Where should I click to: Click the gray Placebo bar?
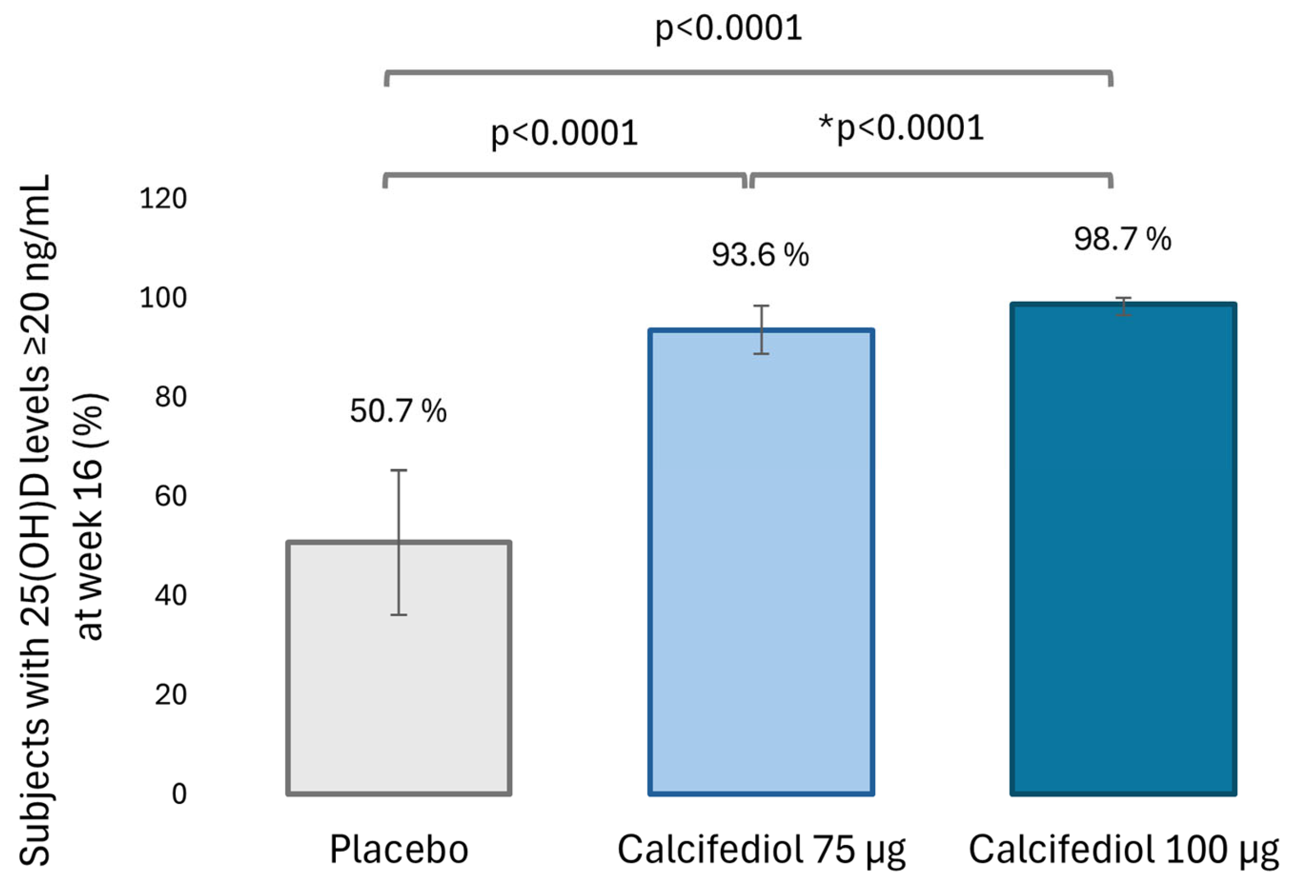(398, 693)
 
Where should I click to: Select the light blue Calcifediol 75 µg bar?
(761, 582)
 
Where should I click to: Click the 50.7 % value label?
(398, 412)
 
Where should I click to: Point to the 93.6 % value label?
(760, 256)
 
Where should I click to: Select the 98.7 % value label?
(1122, 240)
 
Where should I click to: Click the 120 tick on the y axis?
(163, 198)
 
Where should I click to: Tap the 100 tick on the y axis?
(163, 298)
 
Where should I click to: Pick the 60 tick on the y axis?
(170, 496)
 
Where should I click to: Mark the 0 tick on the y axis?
(179, 794)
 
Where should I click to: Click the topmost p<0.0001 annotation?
(728, 28)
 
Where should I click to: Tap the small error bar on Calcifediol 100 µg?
(1123, 307)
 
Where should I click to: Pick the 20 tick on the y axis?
(170, 695)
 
